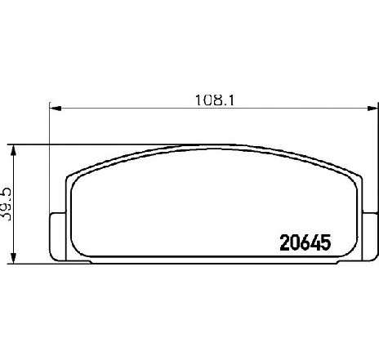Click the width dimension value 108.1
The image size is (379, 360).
(x=215, y=100)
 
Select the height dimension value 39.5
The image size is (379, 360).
(x=6, y=204)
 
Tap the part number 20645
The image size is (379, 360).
(x=305, y=242)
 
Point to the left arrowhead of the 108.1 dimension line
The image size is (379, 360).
(x=56, y=109)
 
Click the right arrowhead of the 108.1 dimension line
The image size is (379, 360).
(x=372, y=109)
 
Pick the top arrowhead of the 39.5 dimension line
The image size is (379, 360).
(x=13, y=150)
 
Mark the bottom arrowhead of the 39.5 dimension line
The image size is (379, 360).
(x=13, y=258)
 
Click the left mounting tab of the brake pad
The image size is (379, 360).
(x=58, y=237)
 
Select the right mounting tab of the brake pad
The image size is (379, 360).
(x=370, y=237)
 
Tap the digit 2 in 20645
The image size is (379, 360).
(x=284, y=242)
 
